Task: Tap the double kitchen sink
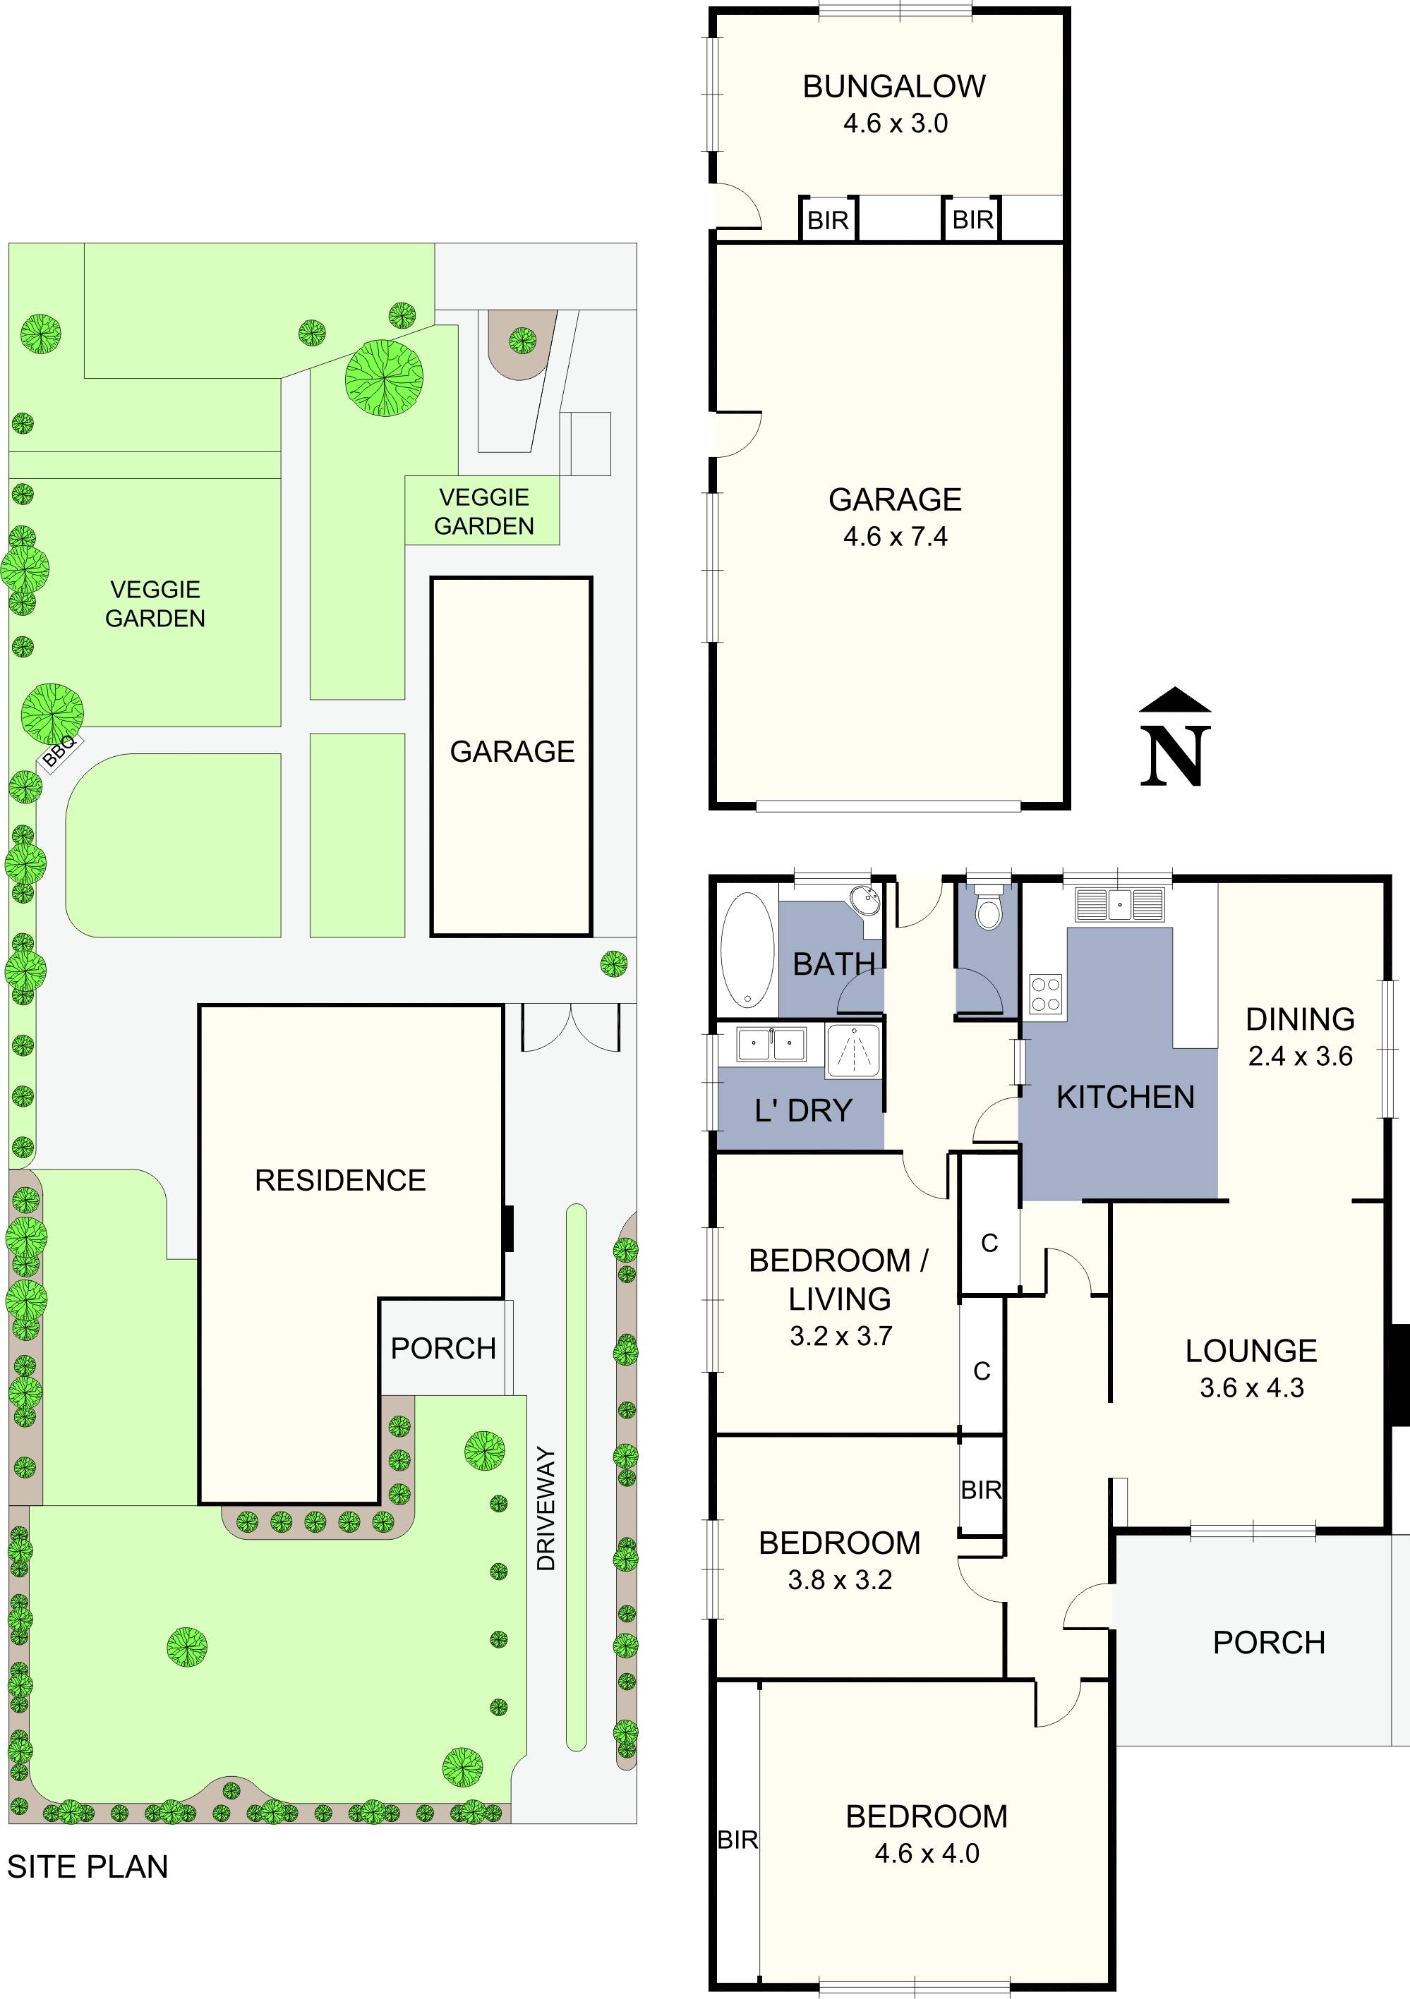(x=1119, y=904)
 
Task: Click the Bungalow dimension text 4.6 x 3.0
(x=894, y=123)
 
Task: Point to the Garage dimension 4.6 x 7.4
(x=894, y=536)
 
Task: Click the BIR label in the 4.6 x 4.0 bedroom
(x=737, y=1840)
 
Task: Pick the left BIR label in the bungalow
(x=827, y=220)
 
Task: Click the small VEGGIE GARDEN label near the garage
(x=484, y=511)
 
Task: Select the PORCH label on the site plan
(x=443, y=1348)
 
